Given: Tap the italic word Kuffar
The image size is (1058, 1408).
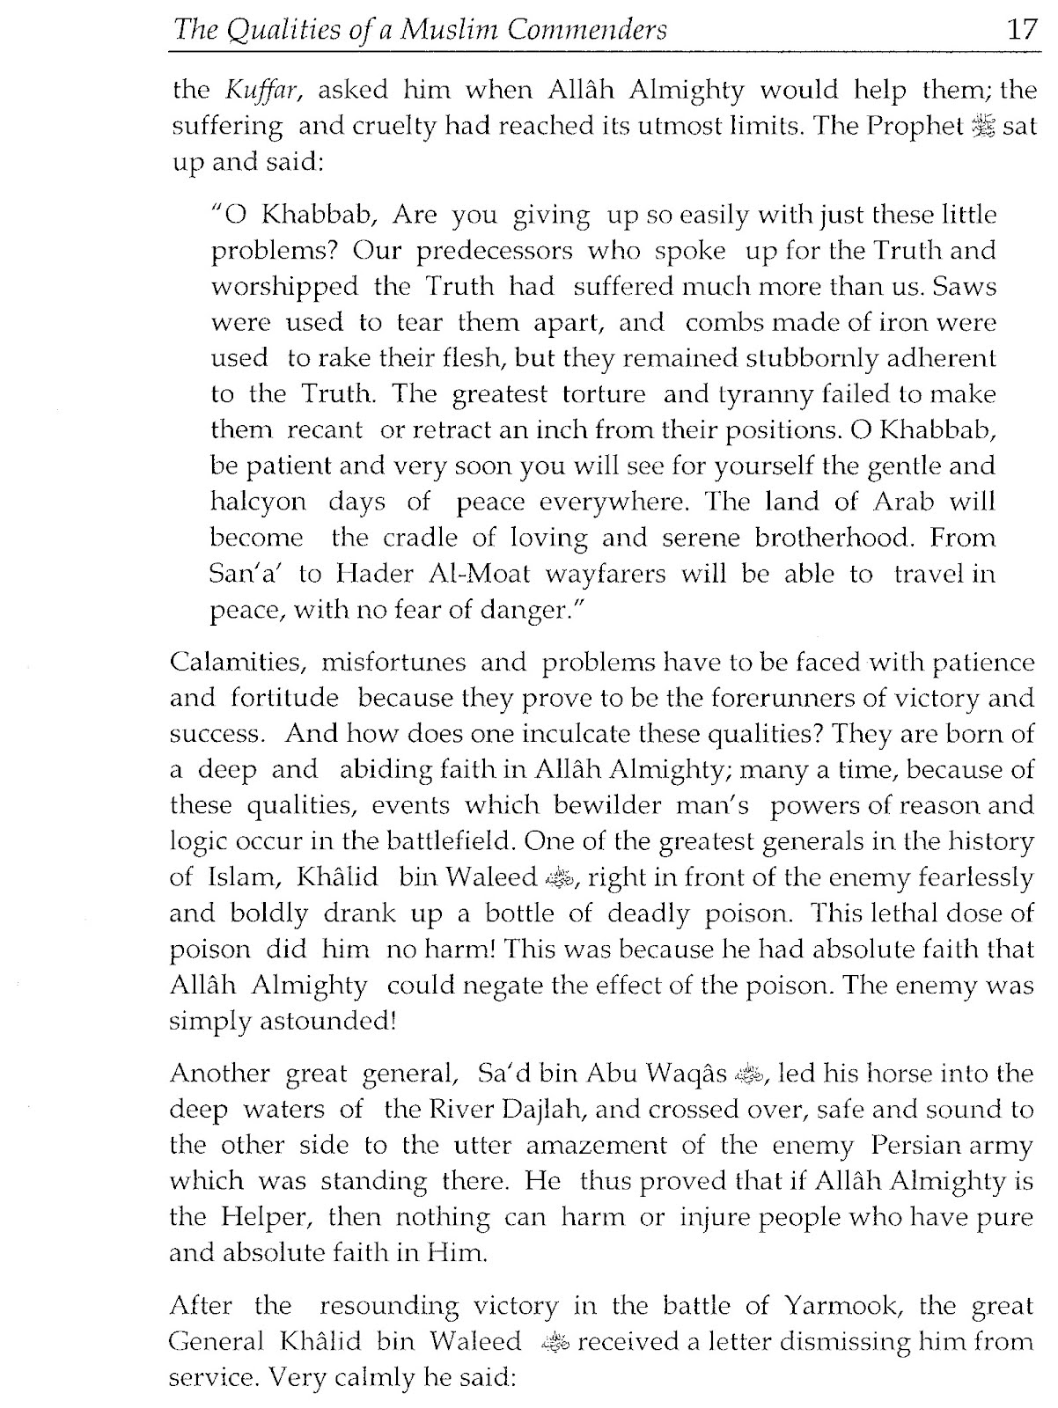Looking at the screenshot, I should coord(255,89).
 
